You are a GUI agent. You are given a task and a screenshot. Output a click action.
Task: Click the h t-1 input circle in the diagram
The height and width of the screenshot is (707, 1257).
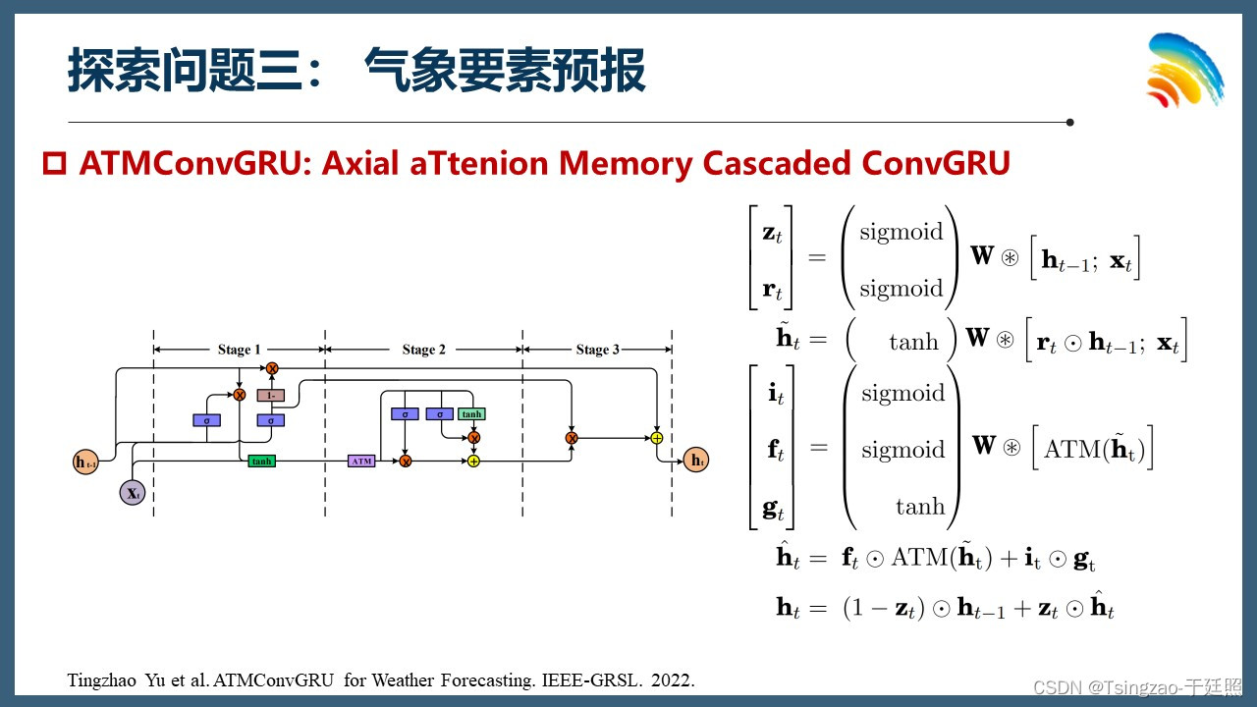click(x=86, y=462)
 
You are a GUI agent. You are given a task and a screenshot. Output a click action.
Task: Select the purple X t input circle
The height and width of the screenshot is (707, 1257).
click(x=133, y=492)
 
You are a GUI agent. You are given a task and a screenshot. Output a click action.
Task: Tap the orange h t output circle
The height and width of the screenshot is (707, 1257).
click(x=696, y=460)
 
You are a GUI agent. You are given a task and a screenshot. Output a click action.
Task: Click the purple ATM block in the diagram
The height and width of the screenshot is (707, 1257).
click(x=361, y=461)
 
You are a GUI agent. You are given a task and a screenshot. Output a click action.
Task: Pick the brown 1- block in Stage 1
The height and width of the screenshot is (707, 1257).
click(x=271, y=395)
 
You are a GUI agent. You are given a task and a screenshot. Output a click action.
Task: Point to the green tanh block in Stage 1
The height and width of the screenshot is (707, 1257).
click(x=261, y=461)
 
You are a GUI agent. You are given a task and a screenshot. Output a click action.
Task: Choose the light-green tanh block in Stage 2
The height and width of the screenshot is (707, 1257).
click(x=472, y=414)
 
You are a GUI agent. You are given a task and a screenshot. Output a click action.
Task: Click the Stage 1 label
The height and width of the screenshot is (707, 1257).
click(x=240, y=350)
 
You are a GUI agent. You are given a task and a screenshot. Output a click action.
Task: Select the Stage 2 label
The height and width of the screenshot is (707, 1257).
click(x=423, y=350)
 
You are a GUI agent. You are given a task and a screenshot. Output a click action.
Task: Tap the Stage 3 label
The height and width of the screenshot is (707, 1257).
click(x=597, y=350)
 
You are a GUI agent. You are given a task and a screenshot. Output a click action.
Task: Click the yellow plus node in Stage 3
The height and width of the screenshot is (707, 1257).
click(x=657, y=437)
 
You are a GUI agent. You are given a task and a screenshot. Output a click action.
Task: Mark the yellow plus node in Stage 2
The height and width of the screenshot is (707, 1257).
click(x=473, y=461)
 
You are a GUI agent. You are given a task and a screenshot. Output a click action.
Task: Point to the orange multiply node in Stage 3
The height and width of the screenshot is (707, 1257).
click(x=571, y=437)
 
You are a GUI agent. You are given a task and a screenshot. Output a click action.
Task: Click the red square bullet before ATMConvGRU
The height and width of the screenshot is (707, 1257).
click(x=54, y=163)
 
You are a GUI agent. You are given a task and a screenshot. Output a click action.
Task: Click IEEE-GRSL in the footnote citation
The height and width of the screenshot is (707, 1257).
click(x=589, y=680)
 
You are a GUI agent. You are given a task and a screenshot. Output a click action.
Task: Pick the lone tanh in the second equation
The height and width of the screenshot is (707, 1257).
click(x=913, y=342)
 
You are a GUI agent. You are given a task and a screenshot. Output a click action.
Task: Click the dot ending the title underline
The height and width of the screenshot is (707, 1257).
click(x=1069, y=123)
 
